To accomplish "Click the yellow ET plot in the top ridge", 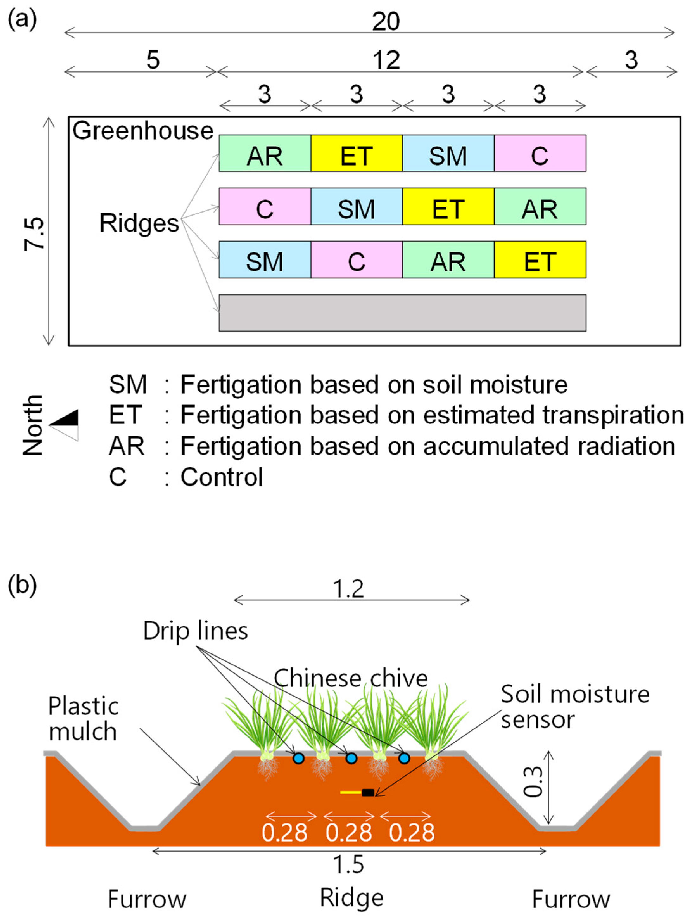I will point(356,153).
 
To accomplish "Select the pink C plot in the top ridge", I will point(540,153).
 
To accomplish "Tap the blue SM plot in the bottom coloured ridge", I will point(264,259).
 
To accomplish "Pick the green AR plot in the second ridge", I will point(540,207).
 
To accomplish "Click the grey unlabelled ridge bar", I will point(402,313).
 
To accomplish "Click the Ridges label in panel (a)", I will point(139,223).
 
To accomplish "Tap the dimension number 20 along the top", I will point(385,22).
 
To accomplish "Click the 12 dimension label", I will point(386,60).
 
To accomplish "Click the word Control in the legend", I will point(222,477).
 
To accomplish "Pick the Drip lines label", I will point(195,631).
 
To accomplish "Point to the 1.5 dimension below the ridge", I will point(349,865).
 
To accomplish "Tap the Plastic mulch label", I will point(83,718).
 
